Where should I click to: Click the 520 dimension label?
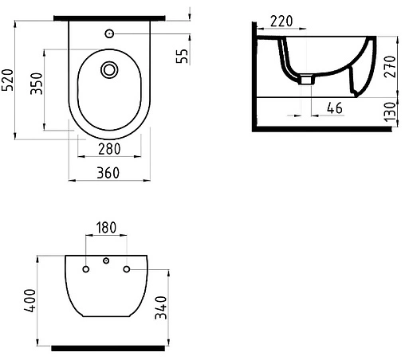coord(10,80)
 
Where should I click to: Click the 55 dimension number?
coord(181,57)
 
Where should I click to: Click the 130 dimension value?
coord(390,111)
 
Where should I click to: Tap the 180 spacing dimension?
coord(106,228)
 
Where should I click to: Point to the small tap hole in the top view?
coord(109,33)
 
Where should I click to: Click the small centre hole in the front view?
coord(105,261)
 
